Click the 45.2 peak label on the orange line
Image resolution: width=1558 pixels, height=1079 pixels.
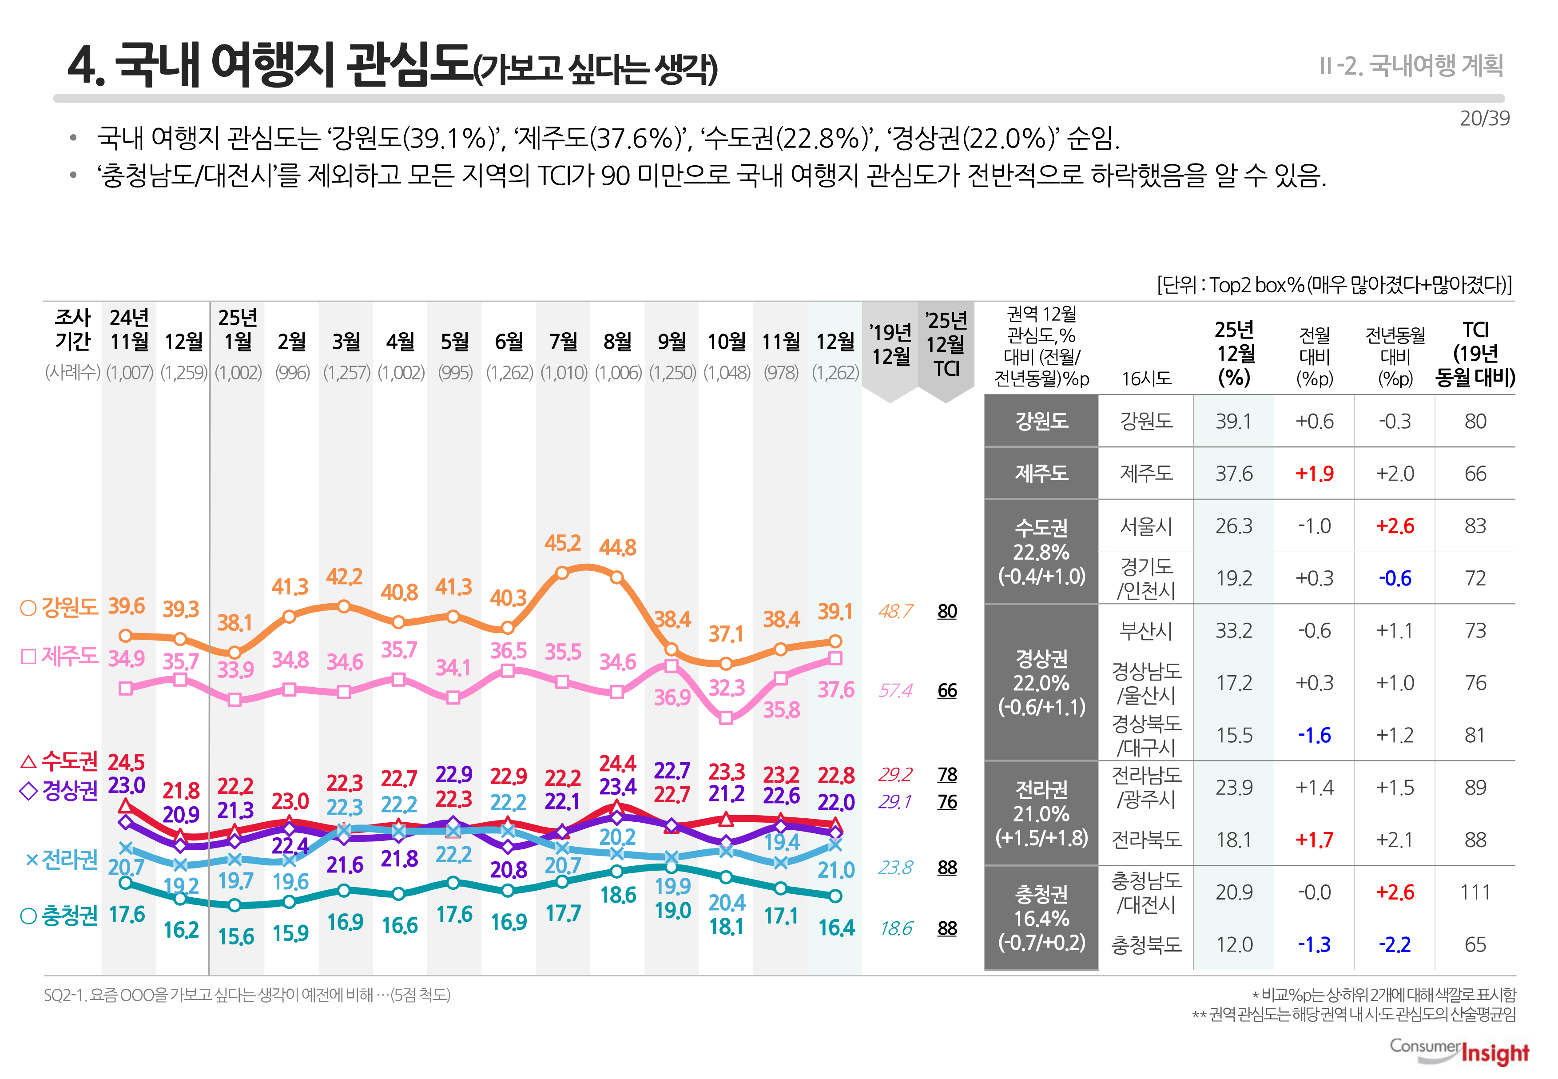562,543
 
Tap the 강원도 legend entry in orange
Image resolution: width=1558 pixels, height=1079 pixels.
60,607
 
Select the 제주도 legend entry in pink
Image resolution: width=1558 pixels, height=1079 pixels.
60,656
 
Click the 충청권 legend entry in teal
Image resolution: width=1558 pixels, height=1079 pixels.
60,916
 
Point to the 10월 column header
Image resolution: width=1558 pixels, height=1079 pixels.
726,342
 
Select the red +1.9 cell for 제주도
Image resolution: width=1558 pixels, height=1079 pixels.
1314,473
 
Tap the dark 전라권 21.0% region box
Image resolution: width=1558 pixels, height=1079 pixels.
1041,813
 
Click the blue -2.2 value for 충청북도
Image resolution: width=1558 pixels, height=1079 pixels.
1395,944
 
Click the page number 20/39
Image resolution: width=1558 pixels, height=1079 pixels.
1484,118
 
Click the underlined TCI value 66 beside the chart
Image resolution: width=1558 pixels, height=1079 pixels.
947,690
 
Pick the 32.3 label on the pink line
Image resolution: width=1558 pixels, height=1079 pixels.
726,688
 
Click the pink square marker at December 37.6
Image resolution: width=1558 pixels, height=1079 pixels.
835,658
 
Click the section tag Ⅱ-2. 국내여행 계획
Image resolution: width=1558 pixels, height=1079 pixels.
1411,66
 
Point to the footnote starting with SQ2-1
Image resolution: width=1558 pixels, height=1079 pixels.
246,995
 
